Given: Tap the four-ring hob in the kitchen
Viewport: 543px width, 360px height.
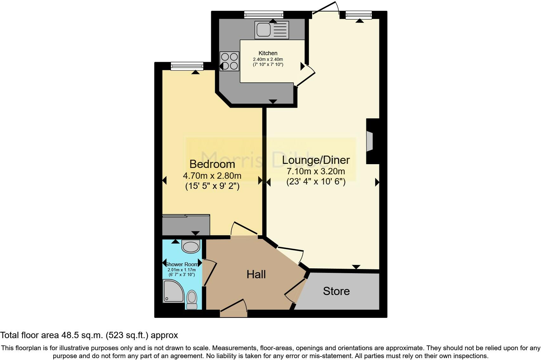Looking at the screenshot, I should click(229, 61).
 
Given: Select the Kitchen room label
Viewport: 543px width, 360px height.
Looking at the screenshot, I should click(268, 53).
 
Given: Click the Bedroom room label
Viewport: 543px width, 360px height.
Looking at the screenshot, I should click(212, 164).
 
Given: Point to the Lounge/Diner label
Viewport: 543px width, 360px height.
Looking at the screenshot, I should click(316, 160).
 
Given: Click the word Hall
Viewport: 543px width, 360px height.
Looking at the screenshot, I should click(256, 274).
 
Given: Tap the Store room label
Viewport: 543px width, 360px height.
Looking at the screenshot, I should click(336, 291).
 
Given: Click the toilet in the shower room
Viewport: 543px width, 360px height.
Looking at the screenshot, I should click(192, 299).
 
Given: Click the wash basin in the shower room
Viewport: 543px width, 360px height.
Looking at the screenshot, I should click(191, 246).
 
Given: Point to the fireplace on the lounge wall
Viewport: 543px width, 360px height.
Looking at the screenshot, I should click(370, 141).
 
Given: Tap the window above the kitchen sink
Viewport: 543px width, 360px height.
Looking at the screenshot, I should click(264, 14).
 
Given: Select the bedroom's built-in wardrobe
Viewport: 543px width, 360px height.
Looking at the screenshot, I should click(186, 225).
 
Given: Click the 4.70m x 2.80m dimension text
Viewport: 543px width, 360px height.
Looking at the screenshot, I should click(212, 176).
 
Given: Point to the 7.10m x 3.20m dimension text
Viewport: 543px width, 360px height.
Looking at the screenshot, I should click(316, 171).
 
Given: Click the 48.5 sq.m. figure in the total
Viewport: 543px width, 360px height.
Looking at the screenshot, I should click(81, 335).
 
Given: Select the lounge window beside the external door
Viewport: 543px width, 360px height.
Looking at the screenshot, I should click(358, 15).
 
